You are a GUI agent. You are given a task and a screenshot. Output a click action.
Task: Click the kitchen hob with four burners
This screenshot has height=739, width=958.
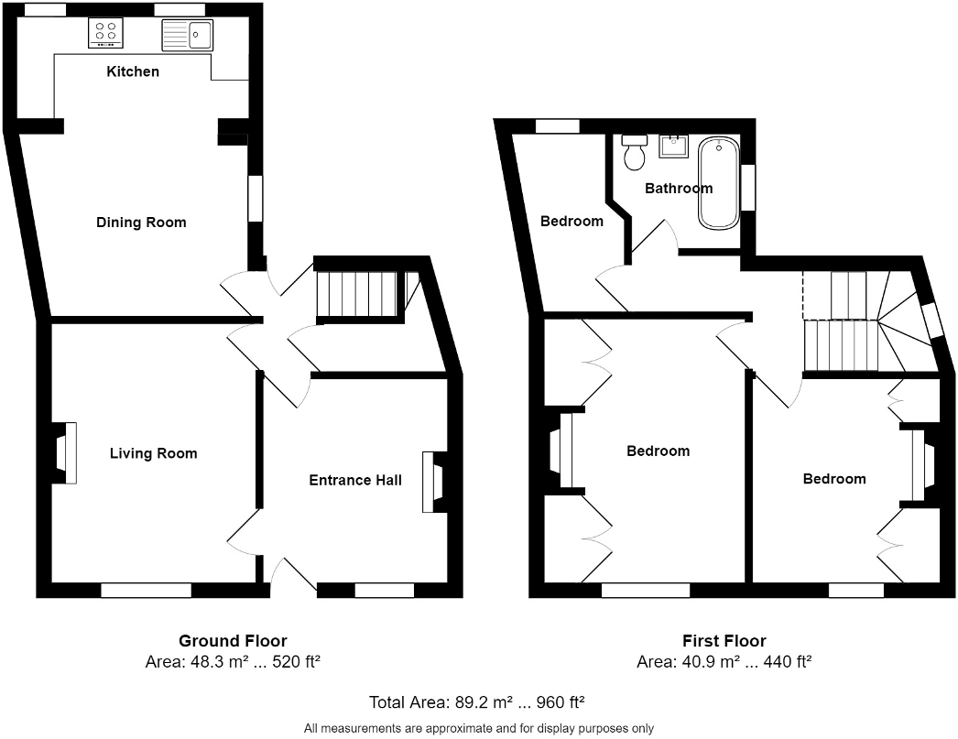point(105,33)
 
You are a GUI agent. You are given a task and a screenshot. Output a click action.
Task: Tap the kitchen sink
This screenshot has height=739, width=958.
point(187,35)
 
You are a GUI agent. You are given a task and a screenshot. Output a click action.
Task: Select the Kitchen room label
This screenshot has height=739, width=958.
point(133,71)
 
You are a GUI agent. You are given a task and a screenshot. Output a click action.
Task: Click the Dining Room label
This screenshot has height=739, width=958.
point(141,223)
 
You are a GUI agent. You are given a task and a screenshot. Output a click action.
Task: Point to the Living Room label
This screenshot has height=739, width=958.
point(153,453)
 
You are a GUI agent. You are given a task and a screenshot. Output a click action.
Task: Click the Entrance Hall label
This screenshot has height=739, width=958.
point(355,480)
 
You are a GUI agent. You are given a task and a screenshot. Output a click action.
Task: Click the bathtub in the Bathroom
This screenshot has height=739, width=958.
point(718,183)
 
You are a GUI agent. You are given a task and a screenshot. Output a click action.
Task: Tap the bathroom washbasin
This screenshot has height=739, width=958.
point(674,146)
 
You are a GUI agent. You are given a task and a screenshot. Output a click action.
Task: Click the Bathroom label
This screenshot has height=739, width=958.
point(679,188)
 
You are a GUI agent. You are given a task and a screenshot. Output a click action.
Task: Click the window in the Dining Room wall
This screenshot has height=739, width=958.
point(256,199)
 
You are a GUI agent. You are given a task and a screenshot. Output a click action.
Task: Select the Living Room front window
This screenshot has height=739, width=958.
point(146,590)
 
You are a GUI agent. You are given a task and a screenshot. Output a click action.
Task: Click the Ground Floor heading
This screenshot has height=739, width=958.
point(233,641)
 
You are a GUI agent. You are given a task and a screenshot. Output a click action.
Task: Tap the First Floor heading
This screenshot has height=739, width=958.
point(724,641)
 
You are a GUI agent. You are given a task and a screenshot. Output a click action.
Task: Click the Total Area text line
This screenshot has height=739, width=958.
point(476,702)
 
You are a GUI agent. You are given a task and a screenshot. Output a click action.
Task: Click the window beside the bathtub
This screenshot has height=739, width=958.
point(748,187)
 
